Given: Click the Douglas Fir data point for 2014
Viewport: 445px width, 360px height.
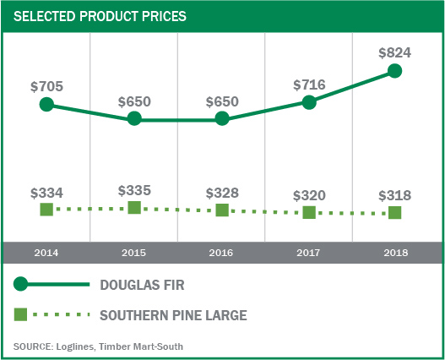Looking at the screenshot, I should click(x=46, y=105).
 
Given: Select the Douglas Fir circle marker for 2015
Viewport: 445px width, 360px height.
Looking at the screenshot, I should click(x=134, y=119).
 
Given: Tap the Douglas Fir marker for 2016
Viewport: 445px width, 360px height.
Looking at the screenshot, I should click(x=222, y=119).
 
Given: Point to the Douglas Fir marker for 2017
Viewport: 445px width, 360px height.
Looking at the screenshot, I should click(x=309, y=102).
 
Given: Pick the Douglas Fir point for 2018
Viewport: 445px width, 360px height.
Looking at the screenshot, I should click(x=395, y=71).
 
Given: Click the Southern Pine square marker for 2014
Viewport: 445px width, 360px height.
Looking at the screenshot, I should click(x=46, y=209).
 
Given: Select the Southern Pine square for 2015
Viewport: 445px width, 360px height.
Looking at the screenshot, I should click(x=134, y=207).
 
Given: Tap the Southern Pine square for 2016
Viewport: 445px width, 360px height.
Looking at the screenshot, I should click(x=222, y=210).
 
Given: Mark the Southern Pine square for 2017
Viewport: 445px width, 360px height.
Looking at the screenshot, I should click(x=309, y=213).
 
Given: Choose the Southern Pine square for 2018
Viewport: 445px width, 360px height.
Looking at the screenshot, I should click(x=395, y=213).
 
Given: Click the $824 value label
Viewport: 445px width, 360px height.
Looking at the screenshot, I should click(x=395, y=52).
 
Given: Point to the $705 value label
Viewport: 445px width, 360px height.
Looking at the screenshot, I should click(x=46, y=86).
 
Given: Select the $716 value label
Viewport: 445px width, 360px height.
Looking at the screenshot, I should click(x=309, y=85).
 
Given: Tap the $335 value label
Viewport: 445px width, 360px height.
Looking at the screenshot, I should click(x=134, y=189).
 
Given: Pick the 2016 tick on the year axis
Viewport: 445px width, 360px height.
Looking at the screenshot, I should click(x=222, y=253).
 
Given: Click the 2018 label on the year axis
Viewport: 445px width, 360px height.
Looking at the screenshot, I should click(x=395, y=253).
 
